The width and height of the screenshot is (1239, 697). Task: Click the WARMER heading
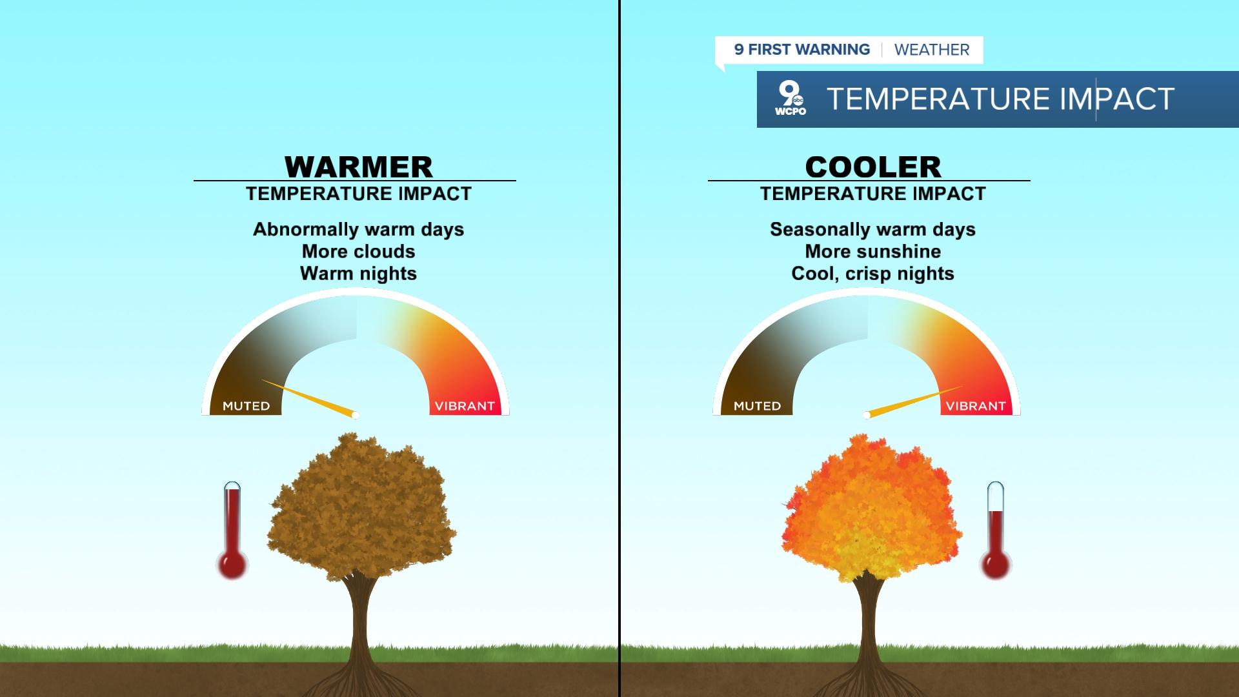(x=358, y=167)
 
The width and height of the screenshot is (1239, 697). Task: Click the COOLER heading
(x=873, y=167)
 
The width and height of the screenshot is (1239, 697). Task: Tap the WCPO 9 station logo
(x=791, y=99)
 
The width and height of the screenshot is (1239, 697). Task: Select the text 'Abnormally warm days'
(x=358, y=229)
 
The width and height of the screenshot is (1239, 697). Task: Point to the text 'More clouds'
(x=358, y=251)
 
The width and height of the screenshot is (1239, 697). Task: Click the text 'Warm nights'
(x=358, y=273)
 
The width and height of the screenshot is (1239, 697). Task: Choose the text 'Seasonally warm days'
(x=872, y=229)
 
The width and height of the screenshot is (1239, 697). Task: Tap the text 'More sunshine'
(x=872, y=251)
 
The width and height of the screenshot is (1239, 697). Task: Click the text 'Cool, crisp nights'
(x=872, y=273)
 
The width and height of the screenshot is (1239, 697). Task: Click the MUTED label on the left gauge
(x=246, y=406)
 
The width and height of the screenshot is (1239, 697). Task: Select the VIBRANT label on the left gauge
(x=465, y=406)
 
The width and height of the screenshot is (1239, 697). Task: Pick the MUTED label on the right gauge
(x=757, y=406)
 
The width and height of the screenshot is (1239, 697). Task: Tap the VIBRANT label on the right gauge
(x=976, y=406)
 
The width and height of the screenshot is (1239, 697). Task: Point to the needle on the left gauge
(x=308, y=398)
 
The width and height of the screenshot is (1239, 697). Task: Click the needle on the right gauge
(x=914, y=401)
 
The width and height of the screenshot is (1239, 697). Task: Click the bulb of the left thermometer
(x=232, y=563)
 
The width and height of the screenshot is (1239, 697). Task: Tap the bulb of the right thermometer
(x=996, y=563)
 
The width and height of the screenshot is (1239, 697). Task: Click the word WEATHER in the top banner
(x=932, y=50)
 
